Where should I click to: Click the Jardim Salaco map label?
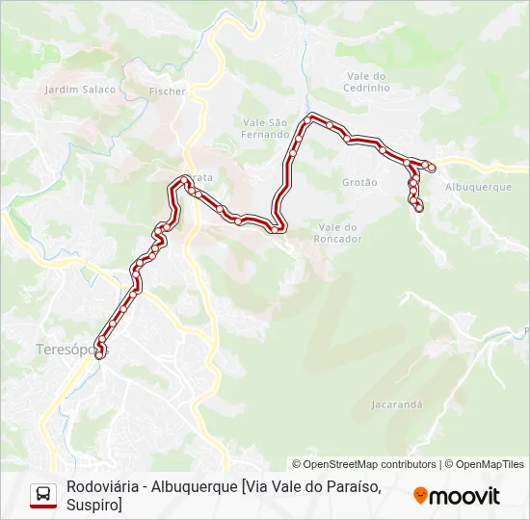(x=80, y=90)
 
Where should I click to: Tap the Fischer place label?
(x=167, y=91)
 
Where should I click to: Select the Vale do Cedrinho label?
(x=366, y=82)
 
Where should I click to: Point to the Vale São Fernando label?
(x=265, y=128)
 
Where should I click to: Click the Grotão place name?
(x=359, y=181)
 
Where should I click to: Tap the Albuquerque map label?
(x=479, y=187)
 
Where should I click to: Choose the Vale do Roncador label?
(x=337, y=233)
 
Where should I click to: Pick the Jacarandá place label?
(x=397, y=404)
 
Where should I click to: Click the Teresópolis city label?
(x=70, y=350)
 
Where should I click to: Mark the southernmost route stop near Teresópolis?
(x=99, y=355)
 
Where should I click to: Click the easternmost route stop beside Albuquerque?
(x=432, y=169)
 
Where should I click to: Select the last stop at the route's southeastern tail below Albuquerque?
(x=419, y=207)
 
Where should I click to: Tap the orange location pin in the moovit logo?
(x=421, y=496)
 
